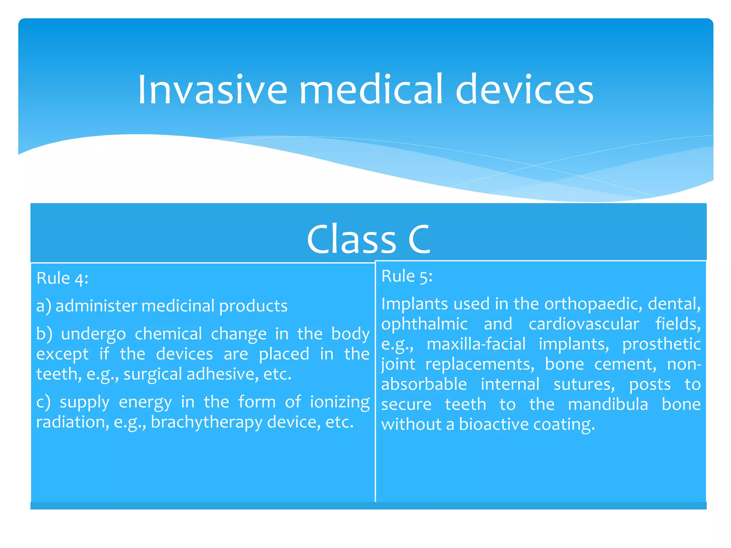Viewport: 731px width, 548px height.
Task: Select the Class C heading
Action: click(368, 239)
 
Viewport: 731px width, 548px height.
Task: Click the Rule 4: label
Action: click(62, 278)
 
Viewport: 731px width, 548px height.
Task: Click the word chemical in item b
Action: click(168, 334)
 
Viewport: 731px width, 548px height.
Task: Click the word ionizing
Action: click(339, 402)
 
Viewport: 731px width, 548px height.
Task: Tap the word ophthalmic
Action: click(424, 324)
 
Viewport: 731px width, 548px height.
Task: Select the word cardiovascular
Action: click(584, 324)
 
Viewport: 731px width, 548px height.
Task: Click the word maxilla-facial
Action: click(476, 344)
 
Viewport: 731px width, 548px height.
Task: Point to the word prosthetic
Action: click(661, 344)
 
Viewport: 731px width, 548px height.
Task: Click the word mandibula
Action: click(608, 404)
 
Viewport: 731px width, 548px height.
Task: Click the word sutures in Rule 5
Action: click(584, 384)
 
